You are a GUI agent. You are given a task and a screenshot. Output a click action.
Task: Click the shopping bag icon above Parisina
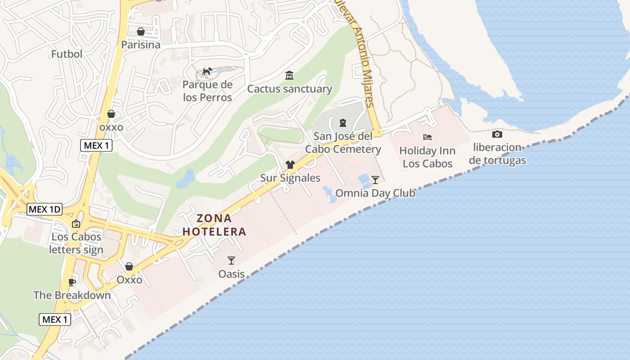(x=141, y=31)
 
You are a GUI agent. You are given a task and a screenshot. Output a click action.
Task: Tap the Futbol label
(x=67, y=54)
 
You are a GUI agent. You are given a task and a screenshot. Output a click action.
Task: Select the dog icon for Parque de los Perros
(x=207, y=71)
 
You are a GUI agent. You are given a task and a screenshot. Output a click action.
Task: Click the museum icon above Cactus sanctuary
(x=289, y=75)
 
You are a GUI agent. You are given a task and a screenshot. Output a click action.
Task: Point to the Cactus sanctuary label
(x=289, y=89)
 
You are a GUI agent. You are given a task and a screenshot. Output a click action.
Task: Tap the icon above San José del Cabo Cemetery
(x=343, y=122)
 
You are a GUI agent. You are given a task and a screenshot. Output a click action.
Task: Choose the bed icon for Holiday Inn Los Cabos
(x=427, y=137)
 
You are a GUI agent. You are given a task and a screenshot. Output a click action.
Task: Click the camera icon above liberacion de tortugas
(x=497, y=134)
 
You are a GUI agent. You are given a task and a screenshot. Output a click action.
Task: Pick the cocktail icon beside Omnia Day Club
(x=375, y=180)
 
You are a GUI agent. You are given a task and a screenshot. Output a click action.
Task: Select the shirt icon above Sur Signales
(x=290, y=165)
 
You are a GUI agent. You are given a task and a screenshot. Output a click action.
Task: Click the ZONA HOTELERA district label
(x=215, y=225)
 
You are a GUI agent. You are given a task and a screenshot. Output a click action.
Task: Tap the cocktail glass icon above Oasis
(x=231, y=260)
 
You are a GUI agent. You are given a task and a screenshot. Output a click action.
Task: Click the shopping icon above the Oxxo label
(x=129, y=266)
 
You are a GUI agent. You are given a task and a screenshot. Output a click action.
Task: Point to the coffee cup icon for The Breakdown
(x=72, y=282)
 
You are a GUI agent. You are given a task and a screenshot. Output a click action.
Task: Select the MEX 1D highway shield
(x=44, y=209)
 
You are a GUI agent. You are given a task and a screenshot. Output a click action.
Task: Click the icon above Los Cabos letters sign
(x=76, y=224)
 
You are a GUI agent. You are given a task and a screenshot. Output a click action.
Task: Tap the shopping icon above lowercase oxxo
(x=111, y=114)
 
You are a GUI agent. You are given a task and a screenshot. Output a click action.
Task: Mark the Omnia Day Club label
(x=375, y=193)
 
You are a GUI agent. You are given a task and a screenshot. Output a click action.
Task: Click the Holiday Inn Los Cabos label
(x=427, y=157)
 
